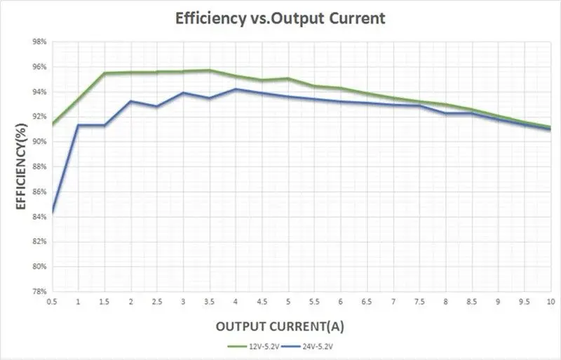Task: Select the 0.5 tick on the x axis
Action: (x=52, y=300)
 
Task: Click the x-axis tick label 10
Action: (x=550, y=300)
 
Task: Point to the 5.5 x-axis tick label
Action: (x=314, y=300)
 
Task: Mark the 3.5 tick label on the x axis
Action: (x=209, y=300)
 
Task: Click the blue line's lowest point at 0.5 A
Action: (x=53, y=212)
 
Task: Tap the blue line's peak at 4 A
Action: (x=236, y=89)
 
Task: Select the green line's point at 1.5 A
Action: (x=104, y=73)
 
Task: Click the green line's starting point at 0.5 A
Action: (x=53, y=124)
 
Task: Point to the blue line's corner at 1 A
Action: (x=78, y=125)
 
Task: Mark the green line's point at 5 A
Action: (x=288, y=79)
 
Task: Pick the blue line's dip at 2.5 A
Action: (x=157, y=107)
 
